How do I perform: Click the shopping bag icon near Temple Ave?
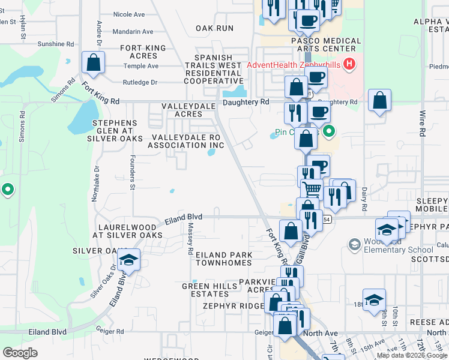[93, 62]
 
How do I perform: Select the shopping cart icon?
[312, 189]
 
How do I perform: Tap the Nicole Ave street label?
[129, 14]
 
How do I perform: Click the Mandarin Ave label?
[133, 32]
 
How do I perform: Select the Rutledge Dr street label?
[140, 82]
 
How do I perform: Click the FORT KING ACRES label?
[139, 52]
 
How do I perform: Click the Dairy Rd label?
[364, 199]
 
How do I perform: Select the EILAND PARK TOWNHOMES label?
[224, 259]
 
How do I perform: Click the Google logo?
[20, 353]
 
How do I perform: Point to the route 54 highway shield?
[326, 220]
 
